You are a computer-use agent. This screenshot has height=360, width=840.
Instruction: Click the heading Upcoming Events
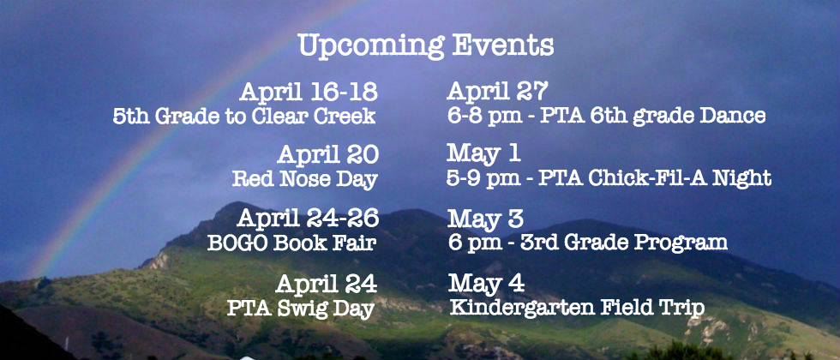pos(426,46)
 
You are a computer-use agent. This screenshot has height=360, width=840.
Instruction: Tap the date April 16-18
pos(309,93)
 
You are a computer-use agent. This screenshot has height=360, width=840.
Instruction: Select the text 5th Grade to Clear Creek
pos(244,117)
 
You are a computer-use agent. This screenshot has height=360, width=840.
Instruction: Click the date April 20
pos(327,155)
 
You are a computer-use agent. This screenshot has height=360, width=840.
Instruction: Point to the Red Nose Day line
pos(305,179)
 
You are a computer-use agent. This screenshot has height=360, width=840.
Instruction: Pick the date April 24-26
pos(308,218)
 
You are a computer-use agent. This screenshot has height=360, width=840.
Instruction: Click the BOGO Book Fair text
pos(291,242)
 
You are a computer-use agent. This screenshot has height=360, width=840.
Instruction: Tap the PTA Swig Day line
pos(301,308)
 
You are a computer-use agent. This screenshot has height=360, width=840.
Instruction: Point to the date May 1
pos(483,153)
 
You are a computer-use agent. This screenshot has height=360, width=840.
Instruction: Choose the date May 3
pos(485,219)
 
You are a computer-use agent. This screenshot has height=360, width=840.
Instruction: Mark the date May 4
pos(486,284)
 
